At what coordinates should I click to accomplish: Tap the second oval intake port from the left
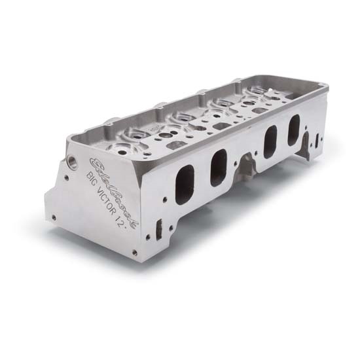tap(218, 167)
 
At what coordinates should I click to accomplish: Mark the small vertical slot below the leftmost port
tap(158, 229)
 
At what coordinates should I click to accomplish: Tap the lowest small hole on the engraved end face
tap(134, 253)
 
